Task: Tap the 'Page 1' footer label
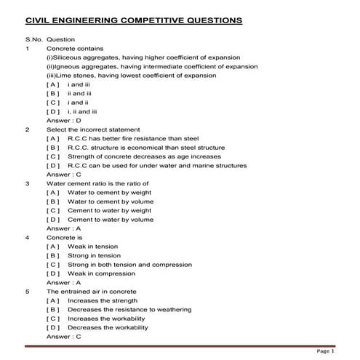[325, 351]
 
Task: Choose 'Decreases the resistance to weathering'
[129, 309]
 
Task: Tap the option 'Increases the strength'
[103, 300]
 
